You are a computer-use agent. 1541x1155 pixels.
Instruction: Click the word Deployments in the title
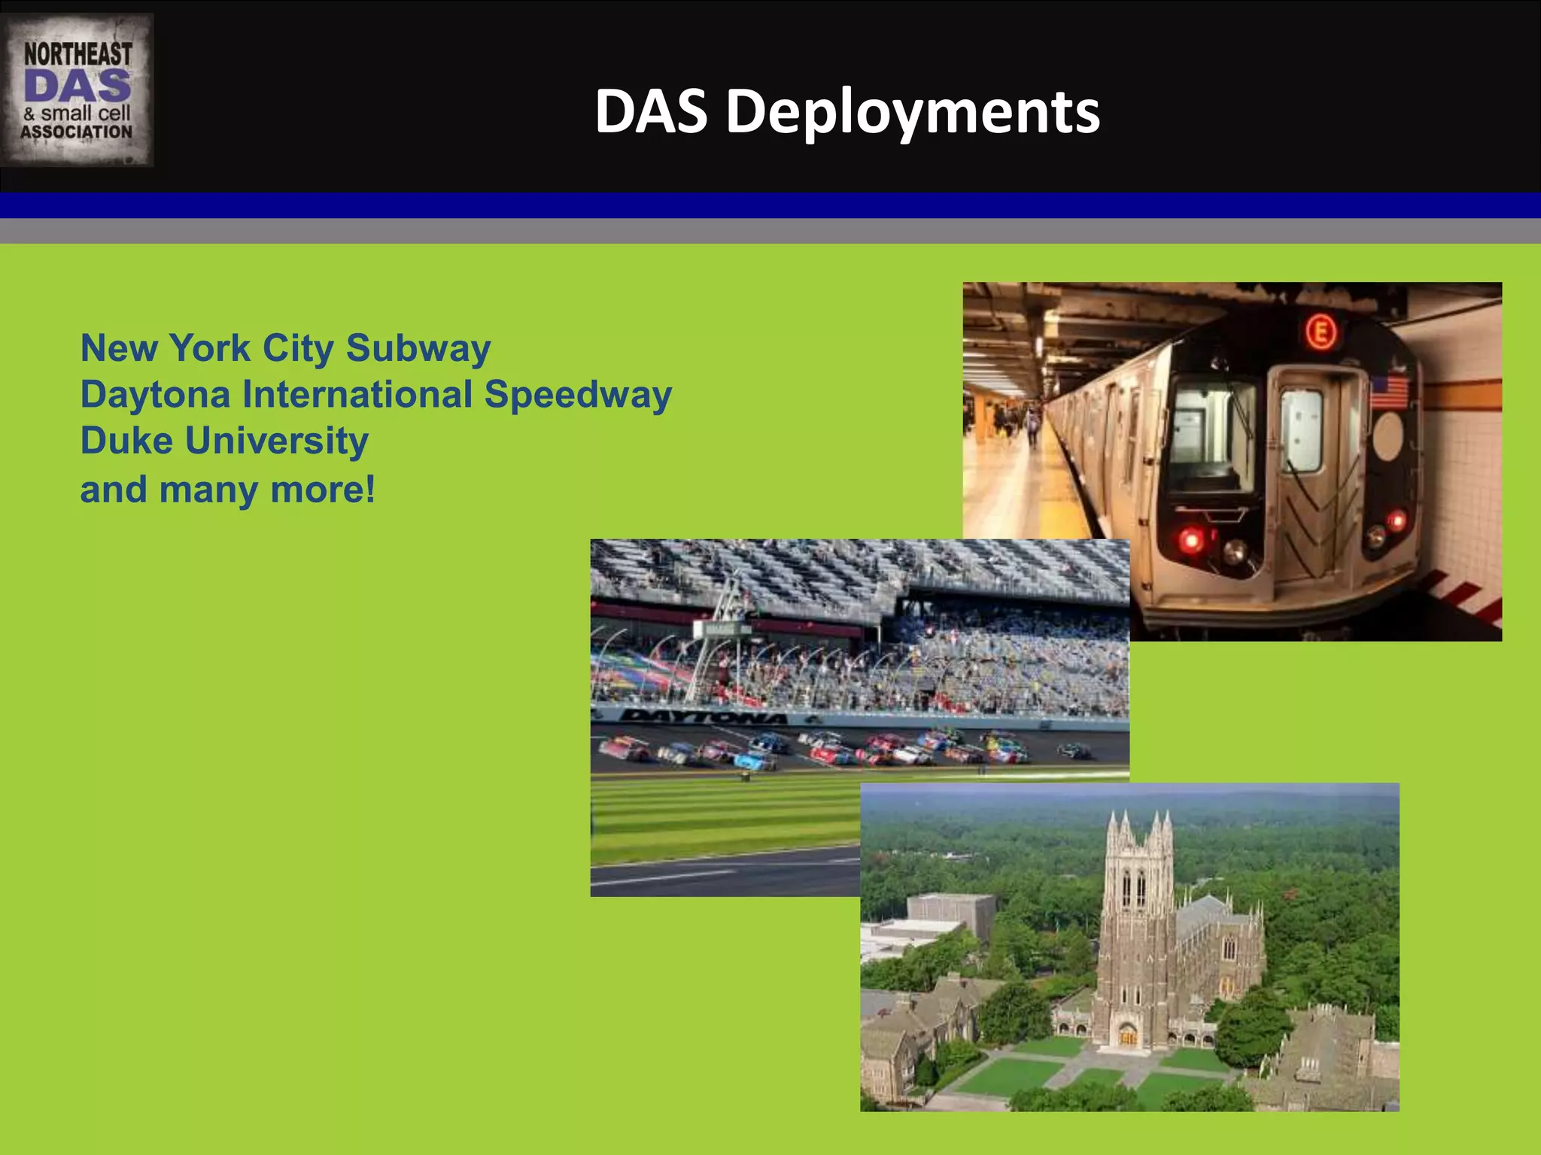(912, 113)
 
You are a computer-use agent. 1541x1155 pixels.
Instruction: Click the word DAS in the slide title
(651, 113)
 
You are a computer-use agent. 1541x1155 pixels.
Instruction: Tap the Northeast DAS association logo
(77, 90)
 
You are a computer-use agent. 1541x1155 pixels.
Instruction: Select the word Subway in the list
(418, 349)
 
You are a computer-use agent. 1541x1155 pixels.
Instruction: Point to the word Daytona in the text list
(155, 396)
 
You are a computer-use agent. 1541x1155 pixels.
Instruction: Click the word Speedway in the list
(577, 396)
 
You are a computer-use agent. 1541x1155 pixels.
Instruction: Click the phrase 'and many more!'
(227, 490)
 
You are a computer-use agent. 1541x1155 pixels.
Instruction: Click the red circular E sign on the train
(1321, 332)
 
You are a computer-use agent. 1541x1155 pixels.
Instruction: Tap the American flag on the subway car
(1389, 393)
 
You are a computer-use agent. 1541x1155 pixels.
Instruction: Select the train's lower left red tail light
(1191, 538)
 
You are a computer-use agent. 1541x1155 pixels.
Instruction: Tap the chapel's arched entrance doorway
(1127, 1034)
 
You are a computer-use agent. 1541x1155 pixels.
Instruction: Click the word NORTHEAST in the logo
(78, 54)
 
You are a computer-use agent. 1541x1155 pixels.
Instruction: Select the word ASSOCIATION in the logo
(77, 132)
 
